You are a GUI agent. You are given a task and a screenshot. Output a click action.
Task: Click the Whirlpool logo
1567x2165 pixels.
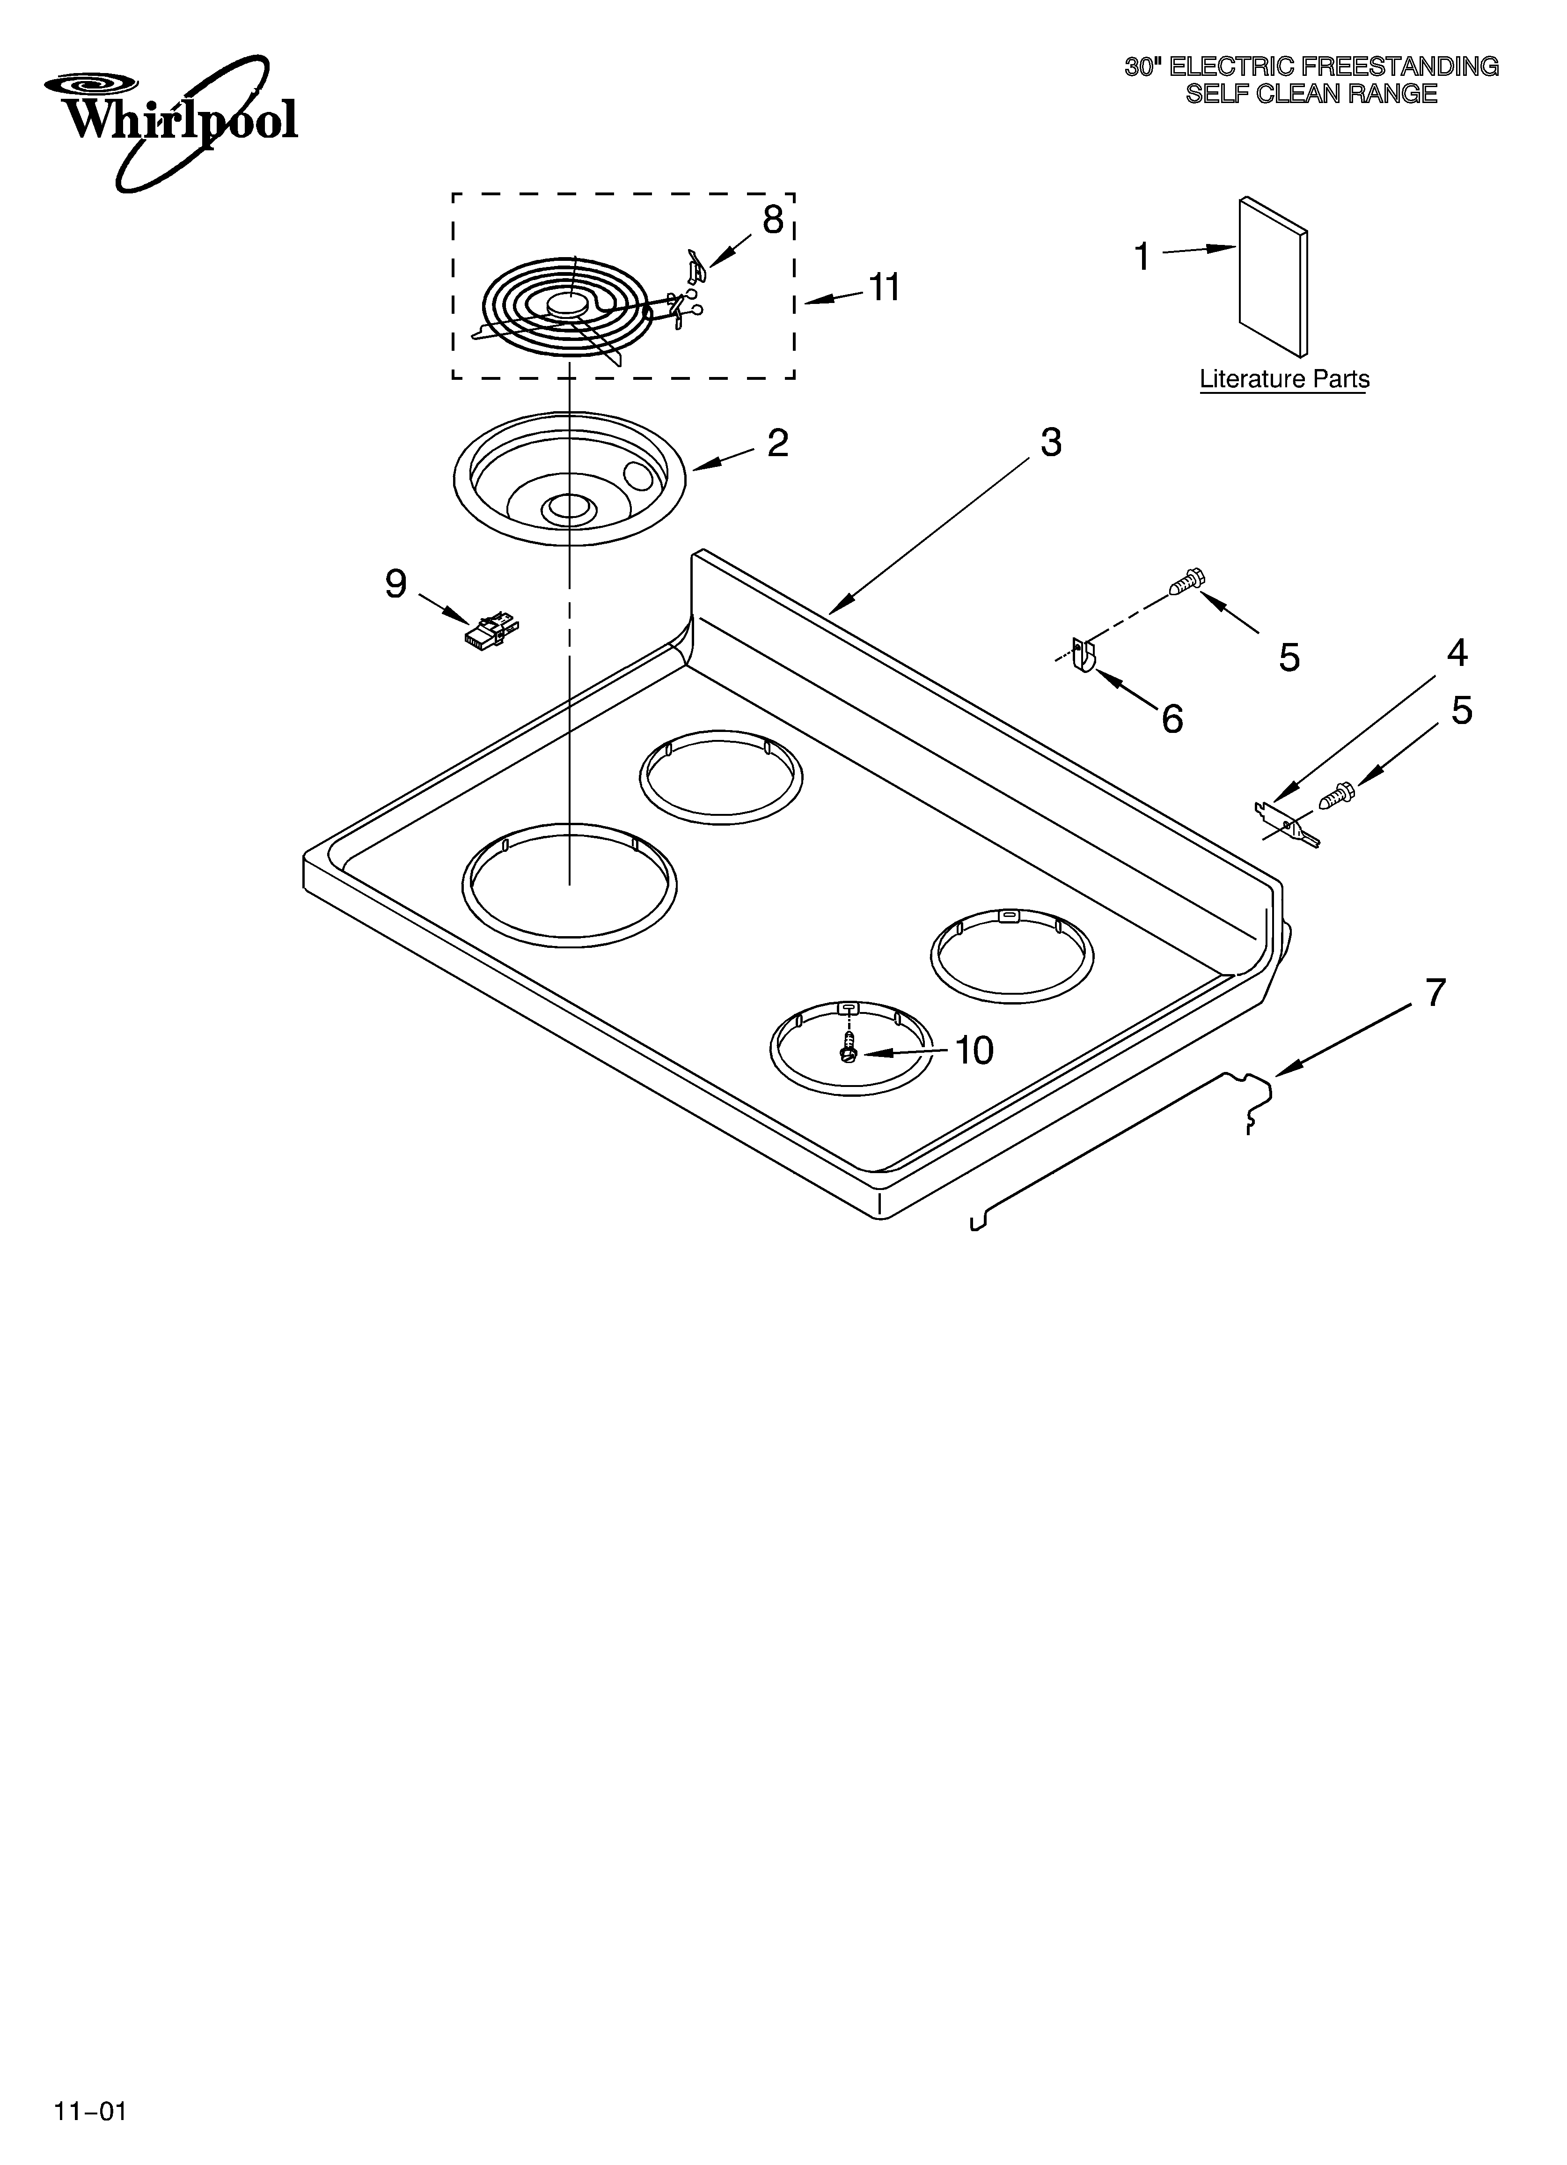[172, 119]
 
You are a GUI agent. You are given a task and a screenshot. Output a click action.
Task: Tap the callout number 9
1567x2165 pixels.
[395, 584]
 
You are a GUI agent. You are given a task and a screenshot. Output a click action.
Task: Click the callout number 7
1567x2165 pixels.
[1435, 993]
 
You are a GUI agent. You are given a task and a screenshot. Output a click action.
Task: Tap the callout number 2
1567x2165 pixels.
[778, 443]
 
